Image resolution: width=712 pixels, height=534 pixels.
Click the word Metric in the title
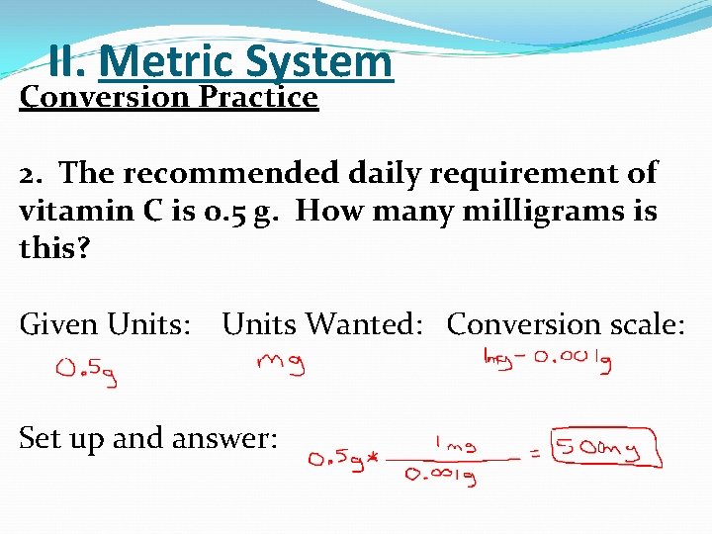point(166,62)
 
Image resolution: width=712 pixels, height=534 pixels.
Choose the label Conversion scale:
point(566,324)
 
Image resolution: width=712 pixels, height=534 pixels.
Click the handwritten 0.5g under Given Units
point(87,371)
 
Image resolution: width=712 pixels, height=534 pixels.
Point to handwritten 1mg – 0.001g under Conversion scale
point(546,362)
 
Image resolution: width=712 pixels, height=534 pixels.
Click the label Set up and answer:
point(148,437)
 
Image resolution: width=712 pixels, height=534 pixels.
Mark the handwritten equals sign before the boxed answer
point(536,456)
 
